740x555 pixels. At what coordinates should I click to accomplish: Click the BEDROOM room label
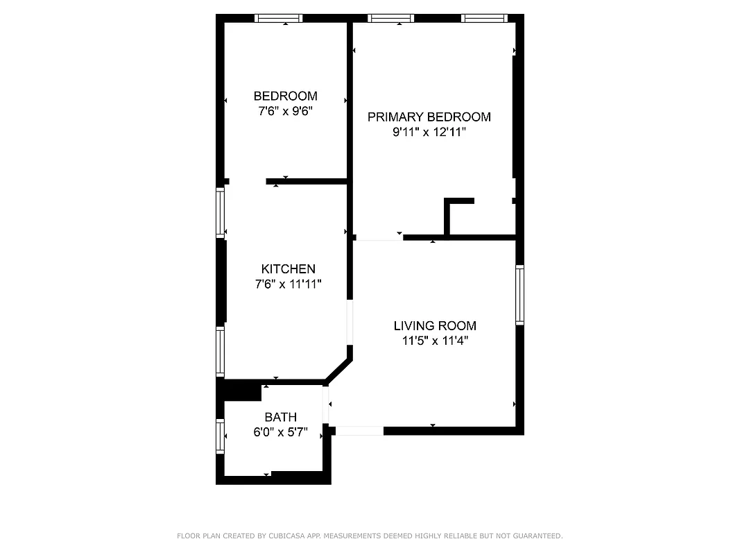point(285,96)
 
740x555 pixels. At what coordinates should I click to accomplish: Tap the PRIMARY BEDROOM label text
point(429,117)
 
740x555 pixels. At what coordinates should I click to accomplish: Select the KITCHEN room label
point(288,268)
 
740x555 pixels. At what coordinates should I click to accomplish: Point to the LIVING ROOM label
point(435,325)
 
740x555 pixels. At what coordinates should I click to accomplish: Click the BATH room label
point(280,417)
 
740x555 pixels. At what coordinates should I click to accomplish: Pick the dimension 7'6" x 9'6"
point(285,111)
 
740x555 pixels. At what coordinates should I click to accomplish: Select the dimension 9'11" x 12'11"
point(429,132)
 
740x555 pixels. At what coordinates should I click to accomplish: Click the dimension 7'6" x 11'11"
point(288,284)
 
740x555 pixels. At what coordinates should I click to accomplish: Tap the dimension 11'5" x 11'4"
point(435,341)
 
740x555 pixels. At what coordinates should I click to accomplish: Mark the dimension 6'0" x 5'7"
point(280,432)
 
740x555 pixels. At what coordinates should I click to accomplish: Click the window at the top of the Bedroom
point(279,18)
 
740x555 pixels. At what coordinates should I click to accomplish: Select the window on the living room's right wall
point(519,295)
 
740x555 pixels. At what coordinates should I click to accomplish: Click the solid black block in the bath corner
point(239,391)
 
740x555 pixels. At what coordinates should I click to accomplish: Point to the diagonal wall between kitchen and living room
point(339,370)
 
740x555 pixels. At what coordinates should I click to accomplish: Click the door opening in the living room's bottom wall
point(359,431)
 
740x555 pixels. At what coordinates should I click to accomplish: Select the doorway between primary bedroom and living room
point(379,238)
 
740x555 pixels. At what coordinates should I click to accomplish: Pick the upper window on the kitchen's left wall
point(221,213)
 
